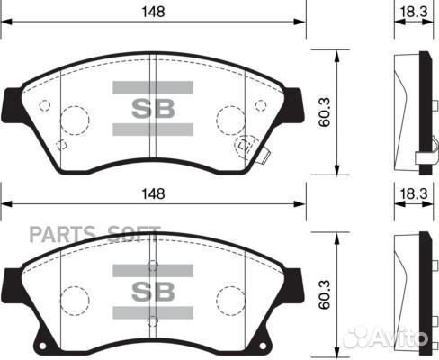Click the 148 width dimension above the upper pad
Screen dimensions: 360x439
[156, 10]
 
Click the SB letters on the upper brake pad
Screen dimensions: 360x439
[152, 109]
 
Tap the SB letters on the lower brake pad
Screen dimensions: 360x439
[152, 292]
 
